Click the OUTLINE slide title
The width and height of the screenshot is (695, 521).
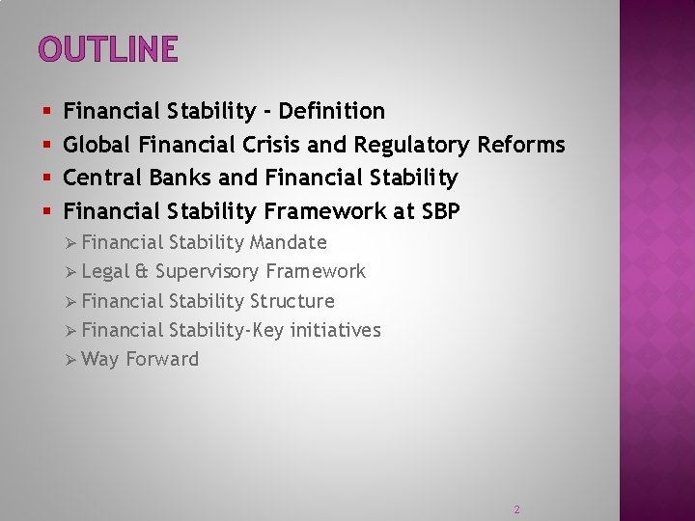click(108, 48)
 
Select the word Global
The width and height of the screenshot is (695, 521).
click(97, 145)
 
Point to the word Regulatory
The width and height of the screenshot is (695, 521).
click(412, 145)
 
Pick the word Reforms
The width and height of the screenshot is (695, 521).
click(521, 145)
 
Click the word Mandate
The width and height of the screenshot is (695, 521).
click(289, 242)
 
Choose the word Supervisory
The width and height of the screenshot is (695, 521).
click(207, 272)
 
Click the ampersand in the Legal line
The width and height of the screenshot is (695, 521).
click(142, 272)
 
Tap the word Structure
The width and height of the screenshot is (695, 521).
click(292, 301)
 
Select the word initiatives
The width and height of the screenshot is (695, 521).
click(332, 330)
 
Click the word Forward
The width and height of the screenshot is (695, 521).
click(162, 359)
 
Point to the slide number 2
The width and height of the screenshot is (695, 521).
click(516, 508)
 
